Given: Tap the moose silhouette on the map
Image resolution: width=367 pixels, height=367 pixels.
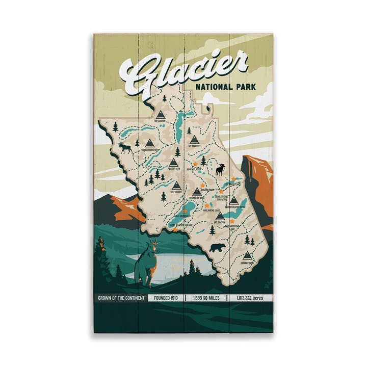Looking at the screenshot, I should point(125,148).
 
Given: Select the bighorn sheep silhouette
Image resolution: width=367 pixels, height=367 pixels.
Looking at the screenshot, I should point(220,169).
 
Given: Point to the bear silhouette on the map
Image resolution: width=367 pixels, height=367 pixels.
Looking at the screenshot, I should point(218,248).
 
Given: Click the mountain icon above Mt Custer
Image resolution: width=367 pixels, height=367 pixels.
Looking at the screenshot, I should point(161,114).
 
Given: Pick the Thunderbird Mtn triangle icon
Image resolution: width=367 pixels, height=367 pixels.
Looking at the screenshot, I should point(149,143).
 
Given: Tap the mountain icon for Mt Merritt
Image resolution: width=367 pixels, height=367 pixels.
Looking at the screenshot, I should point(194,140).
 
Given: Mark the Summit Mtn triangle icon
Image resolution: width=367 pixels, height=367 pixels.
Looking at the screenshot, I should point(247,255).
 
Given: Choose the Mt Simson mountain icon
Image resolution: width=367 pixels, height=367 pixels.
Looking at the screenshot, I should point(220,216).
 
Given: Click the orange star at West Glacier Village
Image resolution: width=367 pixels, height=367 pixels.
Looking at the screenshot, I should point(175,229).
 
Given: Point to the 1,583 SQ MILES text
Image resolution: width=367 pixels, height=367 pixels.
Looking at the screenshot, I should point(206,298).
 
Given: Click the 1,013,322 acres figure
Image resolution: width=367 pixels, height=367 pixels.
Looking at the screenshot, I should point(250,298).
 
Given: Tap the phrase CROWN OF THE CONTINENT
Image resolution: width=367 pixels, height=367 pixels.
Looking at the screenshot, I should point(121,298).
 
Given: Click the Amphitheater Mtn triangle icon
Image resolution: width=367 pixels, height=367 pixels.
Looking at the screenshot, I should point(233,200).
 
